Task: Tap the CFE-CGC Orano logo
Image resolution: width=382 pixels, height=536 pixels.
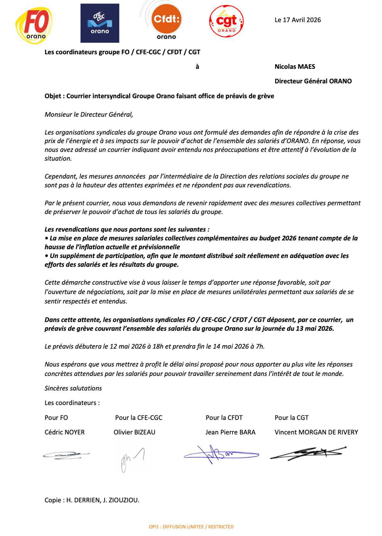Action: [x=100, y=23]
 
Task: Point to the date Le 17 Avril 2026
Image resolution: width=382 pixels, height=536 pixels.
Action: [x=298, y=20]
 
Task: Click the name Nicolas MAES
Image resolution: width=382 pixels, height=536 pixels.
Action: [x=295, y=67]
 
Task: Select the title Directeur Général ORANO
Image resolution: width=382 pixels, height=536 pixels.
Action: [x=313, y=81]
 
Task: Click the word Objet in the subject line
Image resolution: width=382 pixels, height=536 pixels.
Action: [x=53, y=96]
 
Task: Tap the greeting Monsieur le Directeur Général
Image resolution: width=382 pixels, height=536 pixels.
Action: [x=88, y=114]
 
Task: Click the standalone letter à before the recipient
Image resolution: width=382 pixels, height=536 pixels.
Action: [x=197, y=67]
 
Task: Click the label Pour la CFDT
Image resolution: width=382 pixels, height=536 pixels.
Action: [x=224, y=418]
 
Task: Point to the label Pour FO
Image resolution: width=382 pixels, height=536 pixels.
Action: [x=56, y=418]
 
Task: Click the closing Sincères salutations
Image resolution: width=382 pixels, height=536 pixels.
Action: [x=73, y=388]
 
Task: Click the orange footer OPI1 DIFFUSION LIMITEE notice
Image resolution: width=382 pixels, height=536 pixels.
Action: [x=191, y=527]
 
